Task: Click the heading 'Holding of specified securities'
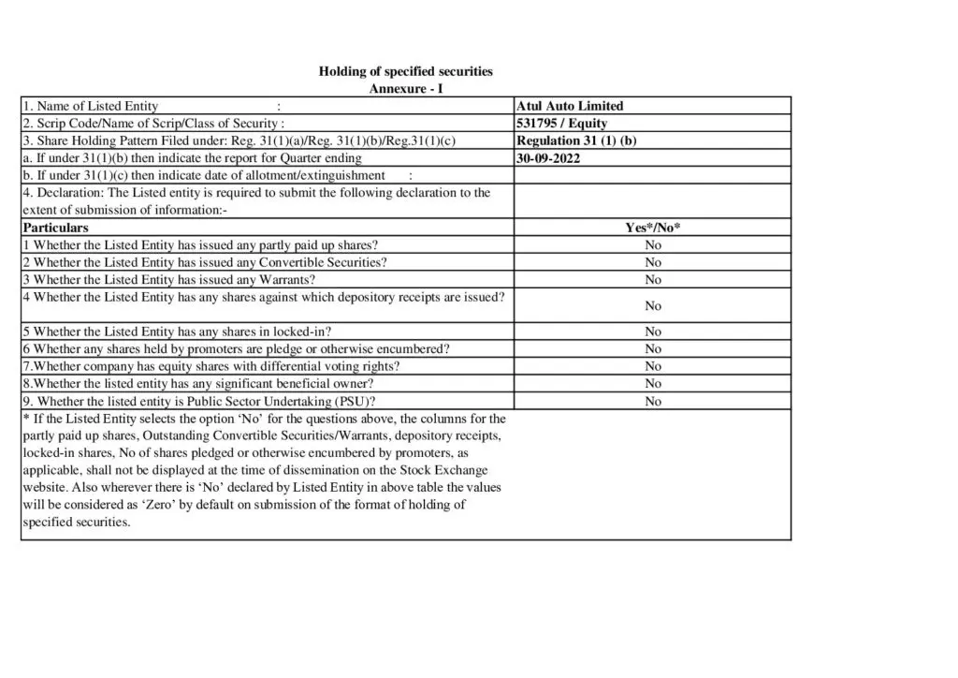tap(405, 71)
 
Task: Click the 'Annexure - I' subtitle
tap(406, 88)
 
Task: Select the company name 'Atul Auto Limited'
tap(569, 106)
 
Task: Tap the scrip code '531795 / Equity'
tap(561, 123)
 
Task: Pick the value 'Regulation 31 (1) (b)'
tap(576, 140)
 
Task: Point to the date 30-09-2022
tap(548, 158)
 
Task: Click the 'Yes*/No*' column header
tap(652, 228)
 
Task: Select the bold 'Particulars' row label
tap(55, 228)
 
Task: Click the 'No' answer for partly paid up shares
tap(652, 245)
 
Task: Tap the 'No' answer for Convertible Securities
tap(652, 262)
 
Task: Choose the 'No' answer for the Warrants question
tap(652, 280)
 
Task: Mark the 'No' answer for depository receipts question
tap(652, 306)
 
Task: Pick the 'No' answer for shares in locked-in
tap(652, 332)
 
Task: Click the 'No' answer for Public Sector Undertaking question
tap(652, 402)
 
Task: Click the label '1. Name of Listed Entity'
tap(91, 106)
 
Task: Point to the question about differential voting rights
tap(211, 366)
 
